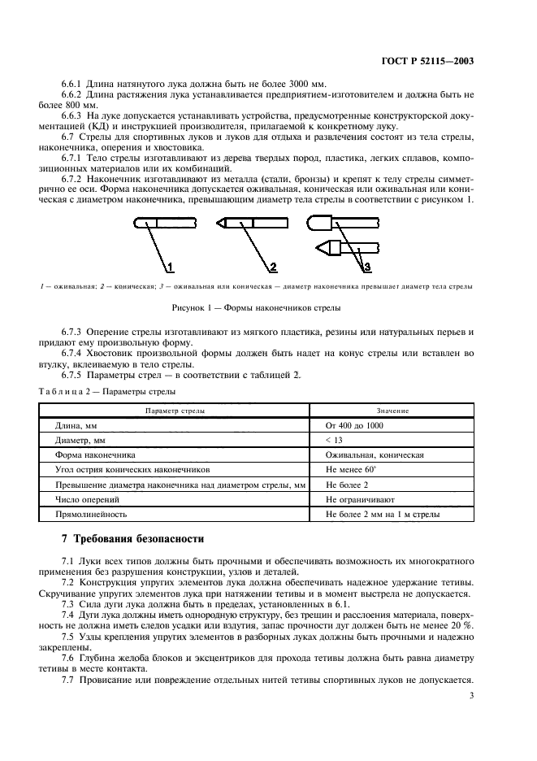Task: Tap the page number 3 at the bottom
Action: [472, 695]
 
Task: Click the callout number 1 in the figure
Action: [171, 267]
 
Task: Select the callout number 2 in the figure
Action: [274, 267]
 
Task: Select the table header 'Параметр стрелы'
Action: [174, 411]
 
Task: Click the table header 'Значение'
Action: [392, 411]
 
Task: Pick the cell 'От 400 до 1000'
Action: [355, 425]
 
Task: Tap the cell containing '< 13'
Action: [335, 440]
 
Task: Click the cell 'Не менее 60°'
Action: [352, 470]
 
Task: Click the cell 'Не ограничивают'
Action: [360, 499]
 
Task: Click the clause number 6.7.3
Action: [74, 333]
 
